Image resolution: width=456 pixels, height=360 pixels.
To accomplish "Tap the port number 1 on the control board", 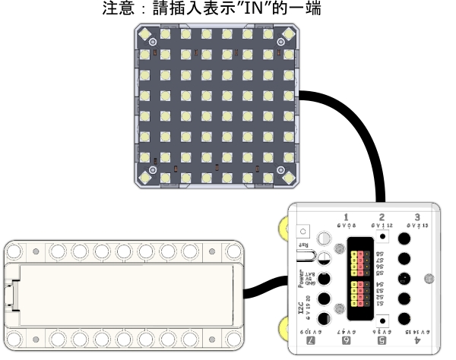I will tap(346, 216).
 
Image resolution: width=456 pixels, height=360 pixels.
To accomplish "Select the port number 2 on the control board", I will tap(382, 216).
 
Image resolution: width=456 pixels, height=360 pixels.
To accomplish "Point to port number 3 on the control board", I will tap(417, 216).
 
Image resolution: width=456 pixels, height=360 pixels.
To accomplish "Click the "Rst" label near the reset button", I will tap(304, 245).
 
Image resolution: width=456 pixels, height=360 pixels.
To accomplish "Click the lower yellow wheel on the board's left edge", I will tap(283, 328).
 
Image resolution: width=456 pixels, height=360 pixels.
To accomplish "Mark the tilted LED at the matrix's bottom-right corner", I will tap(288, 177).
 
